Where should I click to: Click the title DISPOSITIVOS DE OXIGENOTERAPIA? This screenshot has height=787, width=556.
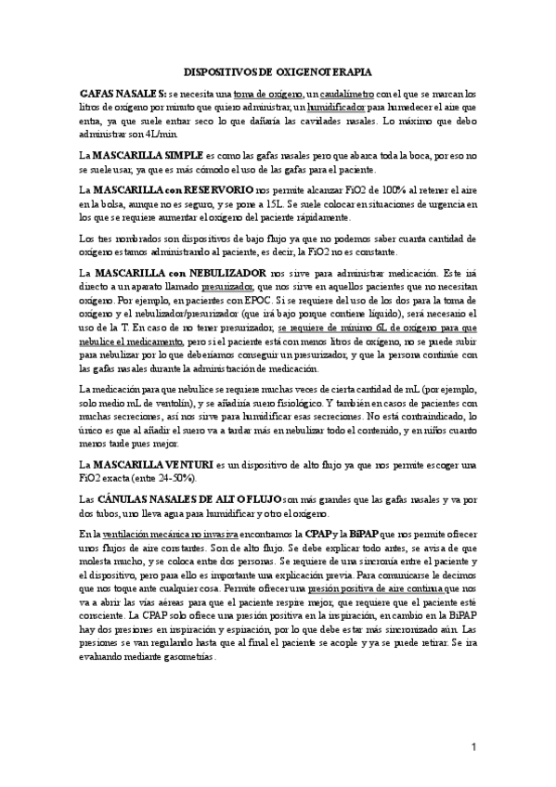(x=278, y=71)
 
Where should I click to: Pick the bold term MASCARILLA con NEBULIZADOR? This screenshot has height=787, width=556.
(x=175, y=274)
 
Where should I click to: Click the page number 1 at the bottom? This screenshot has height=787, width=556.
(x=473, y=746)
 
